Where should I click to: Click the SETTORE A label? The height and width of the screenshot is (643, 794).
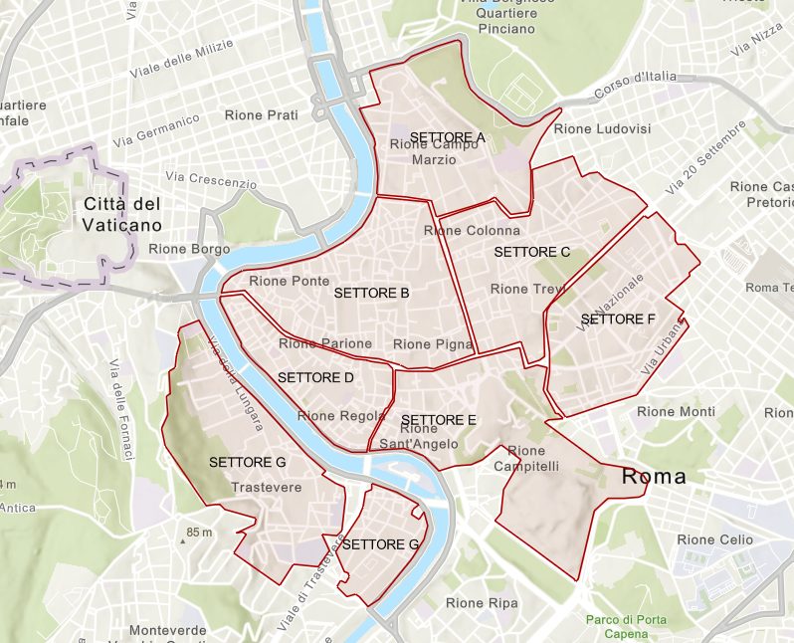[x=447, y=136]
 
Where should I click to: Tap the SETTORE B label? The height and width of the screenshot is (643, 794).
[x=372, y=294]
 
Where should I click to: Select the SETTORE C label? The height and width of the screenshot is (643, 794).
[x=531, y=252]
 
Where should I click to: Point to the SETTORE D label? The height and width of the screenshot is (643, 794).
[x=315, y=378]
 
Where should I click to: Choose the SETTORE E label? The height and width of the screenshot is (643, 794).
[x=439, y=419]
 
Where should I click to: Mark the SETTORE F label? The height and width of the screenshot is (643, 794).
[x=617, y=320]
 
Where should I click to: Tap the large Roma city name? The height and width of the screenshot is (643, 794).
[x=654, y=477]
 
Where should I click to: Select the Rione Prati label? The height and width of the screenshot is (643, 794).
[x=262, y=115]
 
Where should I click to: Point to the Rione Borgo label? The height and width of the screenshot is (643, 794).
[x=189, y=249]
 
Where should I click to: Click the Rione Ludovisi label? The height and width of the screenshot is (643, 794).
[x=602, y=129]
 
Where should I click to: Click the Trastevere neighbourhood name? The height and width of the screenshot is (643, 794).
[x=266, y=488]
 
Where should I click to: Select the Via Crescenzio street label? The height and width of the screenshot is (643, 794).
[x=212, y=180]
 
